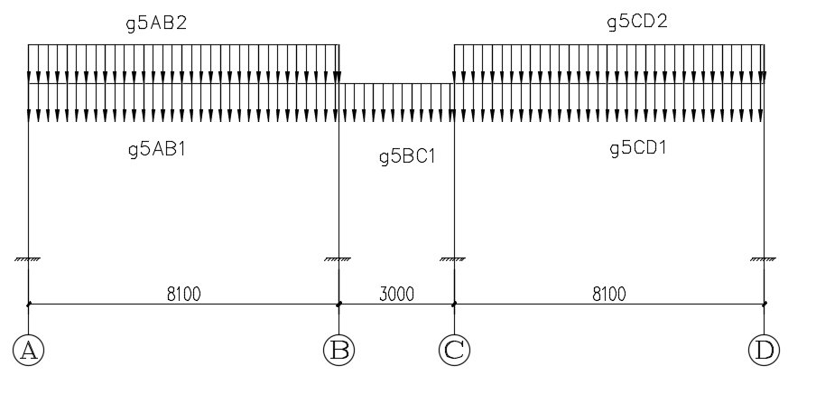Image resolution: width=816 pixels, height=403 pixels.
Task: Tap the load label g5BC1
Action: pyautogui.click(x=407, y=157)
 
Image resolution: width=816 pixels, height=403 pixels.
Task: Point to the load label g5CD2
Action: pyautogui.click(x=637, y=23)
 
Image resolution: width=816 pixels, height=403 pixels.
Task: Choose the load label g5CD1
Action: pyautogui.click(x=637, y=148)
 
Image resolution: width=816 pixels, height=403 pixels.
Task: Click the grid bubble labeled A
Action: pyautogui.click(x=29, y=350)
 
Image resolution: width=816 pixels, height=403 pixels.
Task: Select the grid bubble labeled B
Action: pyautogui.click(x=338, y=350)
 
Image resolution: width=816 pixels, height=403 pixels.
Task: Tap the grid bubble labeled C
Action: pyautogui.click(x=454, y=350)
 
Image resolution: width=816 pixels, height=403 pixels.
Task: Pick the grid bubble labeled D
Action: pyautogui.click(x=764, y=350)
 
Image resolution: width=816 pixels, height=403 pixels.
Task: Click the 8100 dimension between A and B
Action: pyautogui.click(x=183, y=293)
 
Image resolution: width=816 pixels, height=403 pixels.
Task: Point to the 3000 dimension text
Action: pyautogui.click(x=397, y=293)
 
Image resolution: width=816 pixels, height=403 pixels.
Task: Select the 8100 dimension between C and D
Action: pyautogui.click(x=609, y=293)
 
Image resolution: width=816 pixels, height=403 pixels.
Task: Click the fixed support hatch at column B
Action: pyautogui.click(x=338, y=260)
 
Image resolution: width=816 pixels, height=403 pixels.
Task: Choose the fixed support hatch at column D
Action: pyautogui.click(x=764, y=260)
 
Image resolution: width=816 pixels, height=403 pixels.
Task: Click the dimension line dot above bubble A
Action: pyautogui.click(x=29, y=304)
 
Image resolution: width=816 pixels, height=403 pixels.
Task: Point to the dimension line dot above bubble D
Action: pyautogui.click(x=764, y=304)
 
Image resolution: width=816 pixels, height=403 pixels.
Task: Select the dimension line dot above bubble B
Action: pyautogui.click(x=338, y=304)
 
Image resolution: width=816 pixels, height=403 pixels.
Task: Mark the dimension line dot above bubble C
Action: pyautogui.click(x=454, y=304)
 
